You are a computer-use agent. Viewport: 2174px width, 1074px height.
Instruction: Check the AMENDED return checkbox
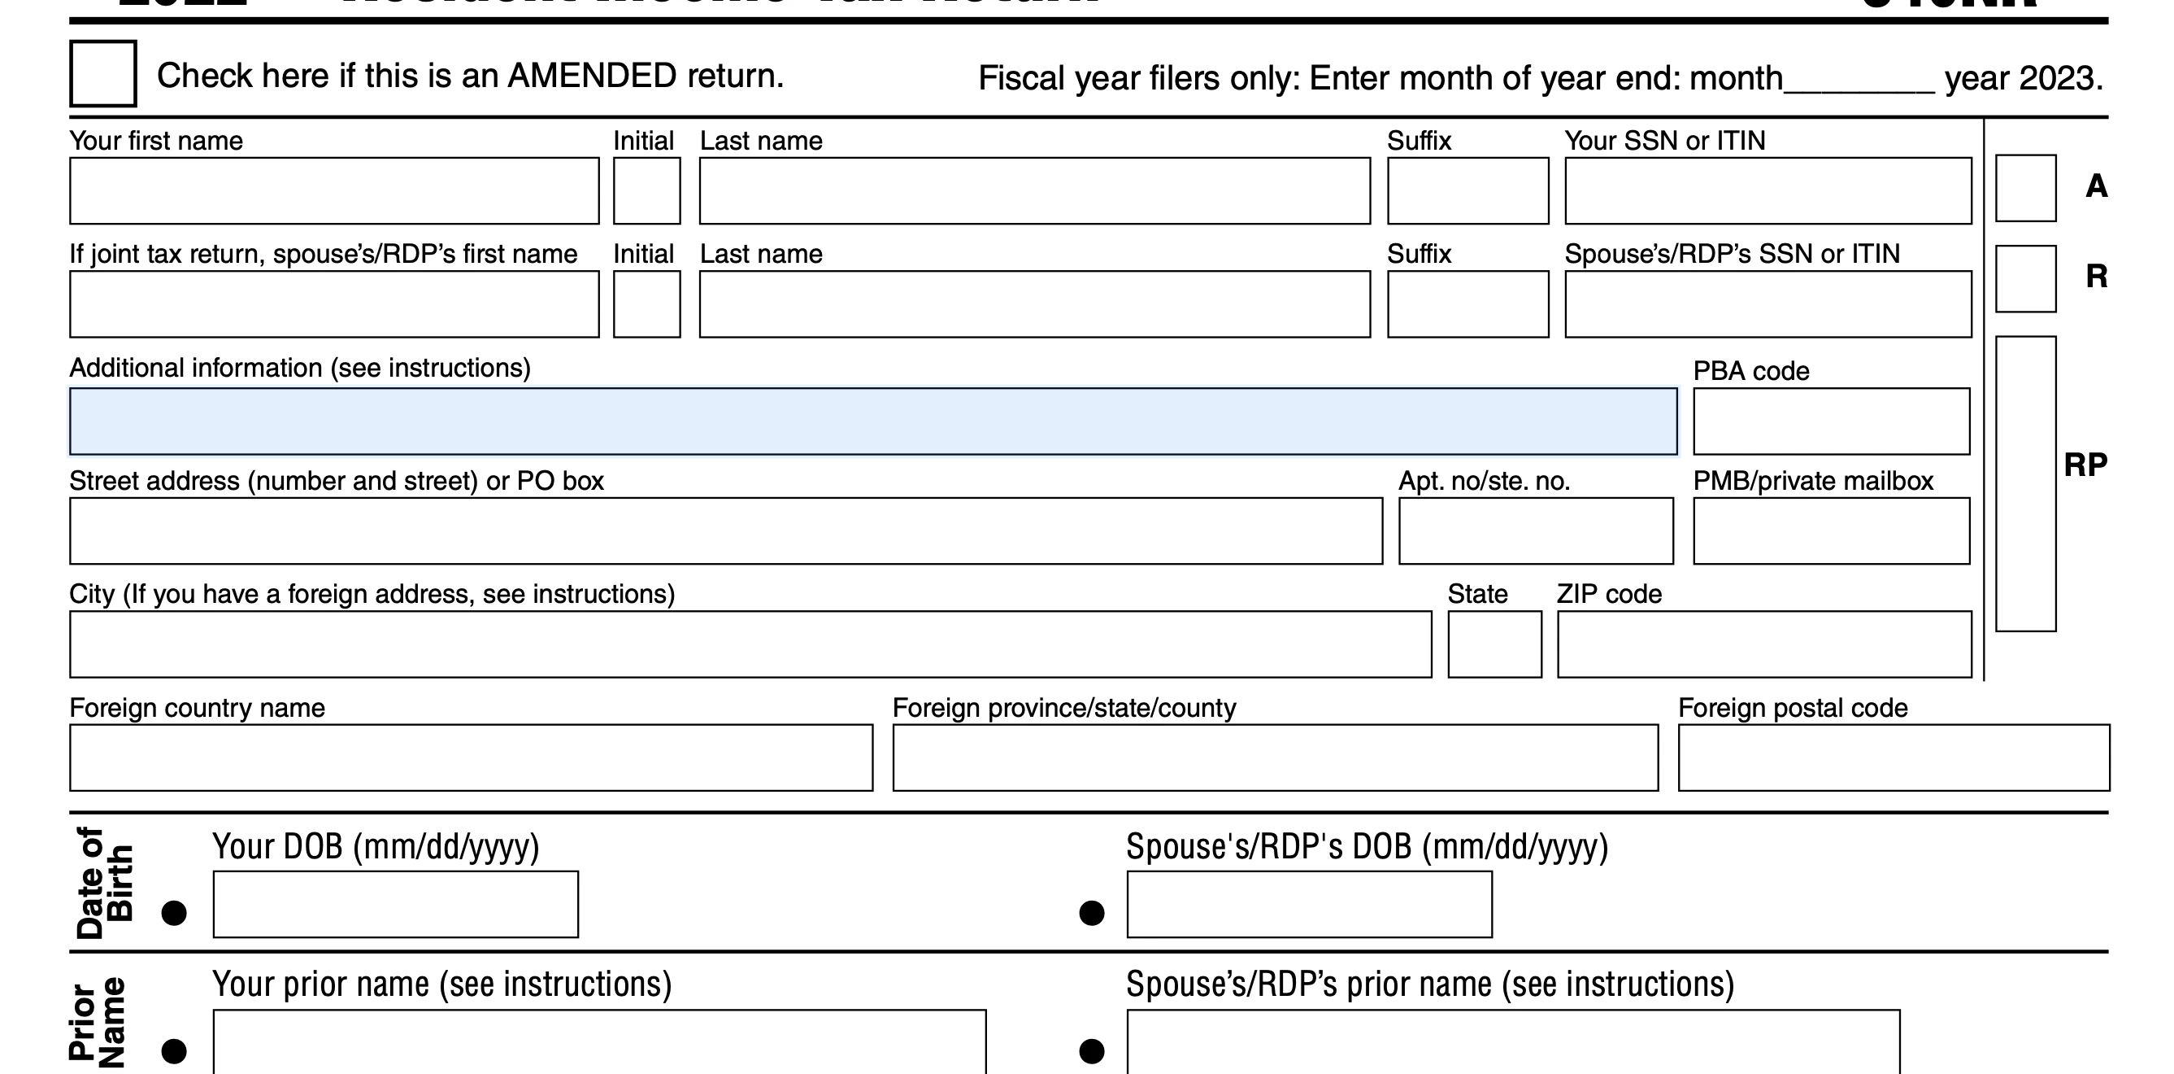pos(103,73)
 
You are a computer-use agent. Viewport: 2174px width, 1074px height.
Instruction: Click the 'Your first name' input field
pos(334,191)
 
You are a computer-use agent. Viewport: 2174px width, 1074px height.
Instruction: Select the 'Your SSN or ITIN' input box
pos(1768,191)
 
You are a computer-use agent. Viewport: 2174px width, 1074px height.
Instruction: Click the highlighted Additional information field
pos(872,421)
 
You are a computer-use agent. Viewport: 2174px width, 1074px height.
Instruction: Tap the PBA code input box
pos(1832,421)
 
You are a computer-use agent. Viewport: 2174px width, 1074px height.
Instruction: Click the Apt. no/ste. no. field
pos(1536,531)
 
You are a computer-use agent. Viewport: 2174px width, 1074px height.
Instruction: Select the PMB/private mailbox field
pos(1832,531)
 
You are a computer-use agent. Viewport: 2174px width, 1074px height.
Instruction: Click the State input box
pos(1494,644)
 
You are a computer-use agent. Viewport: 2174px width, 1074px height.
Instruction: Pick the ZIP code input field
pos(1764,644)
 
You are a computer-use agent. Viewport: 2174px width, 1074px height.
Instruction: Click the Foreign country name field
pos(471,757)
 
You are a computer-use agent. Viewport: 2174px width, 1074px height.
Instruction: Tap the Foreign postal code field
pos(1894,757)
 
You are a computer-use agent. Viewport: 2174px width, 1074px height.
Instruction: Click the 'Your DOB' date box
pos(396,904)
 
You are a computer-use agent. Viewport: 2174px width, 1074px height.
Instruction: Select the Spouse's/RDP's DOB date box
pos(1309,904)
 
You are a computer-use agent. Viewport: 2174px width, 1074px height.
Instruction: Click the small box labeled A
pos(2025,188)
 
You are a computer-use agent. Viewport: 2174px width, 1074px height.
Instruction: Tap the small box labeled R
pos(2025,278)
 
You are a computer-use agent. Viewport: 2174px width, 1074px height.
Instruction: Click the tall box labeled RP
pos(2025,484)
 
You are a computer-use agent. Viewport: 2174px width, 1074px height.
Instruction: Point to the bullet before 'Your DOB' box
pos(174,913)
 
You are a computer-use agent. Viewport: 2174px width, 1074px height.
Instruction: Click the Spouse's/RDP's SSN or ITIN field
pos(1768,304)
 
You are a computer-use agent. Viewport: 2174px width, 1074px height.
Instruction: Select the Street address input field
pos(726,531)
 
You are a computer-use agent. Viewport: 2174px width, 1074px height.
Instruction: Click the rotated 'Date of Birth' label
pos(105,882)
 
